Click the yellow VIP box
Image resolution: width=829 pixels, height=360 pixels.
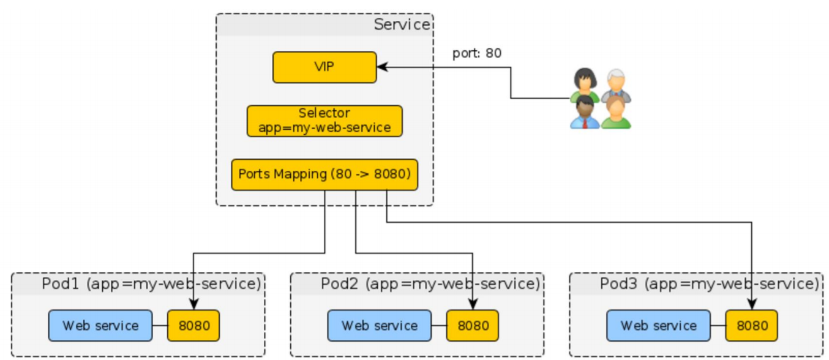(324, 67)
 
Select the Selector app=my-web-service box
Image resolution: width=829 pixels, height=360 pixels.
(324, 121)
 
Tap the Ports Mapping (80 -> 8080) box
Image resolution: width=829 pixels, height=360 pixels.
(324, 174)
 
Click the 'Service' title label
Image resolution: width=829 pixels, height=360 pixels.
(402, 24)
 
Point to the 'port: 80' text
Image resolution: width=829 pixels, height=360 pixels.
(476, 53)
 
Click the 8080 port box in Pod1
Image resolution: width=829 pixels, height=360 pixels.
(193, 325)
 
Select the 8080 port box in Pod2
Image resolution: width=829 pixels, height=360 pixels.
(473, 325)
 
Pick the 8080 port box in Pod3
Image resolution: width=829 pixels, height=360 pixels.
(752, 325)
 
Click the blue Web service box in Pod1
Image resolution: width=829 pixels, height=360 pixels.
(100, 325)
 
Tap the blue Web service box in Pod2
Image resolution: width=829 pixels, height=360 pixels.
(380, 325)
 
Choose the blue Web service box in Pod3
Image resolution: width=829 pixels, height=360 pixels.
(659, 325)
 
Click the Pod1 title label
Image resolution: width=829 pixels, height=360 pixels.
(151, 284)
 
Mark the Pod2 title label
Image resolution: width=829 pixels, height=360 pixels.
(430, 284)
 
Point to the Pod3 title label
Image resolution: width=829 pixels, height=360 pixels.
(710, 284)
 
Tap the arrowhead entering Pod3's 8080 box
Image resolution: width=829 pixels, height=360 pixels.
(752, 305)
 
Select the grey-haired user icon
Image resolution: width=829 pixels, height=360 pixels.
(616, 84)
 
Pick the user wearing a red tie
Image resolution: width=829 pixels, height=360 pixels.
(585, 113)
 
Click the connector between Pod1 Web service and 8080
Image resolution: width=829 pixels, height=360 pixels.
(160, 325)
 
